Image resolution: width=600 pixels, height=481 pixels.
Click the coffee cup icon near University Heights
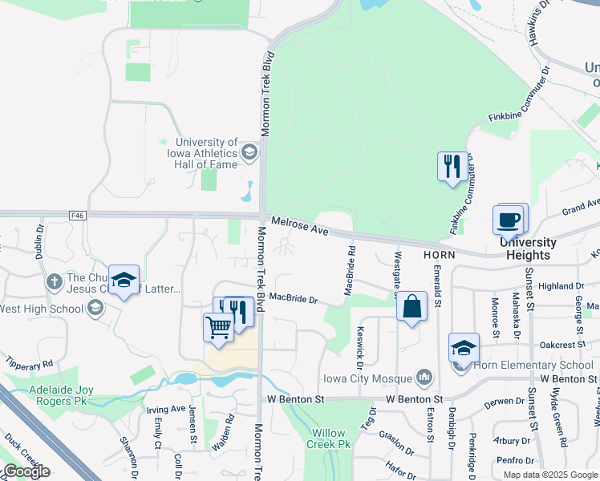510,219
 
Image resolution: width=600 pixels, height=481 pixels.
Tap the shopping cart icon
218,327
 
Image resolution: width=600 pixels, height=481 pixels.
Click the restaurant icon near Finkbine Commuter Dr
450,167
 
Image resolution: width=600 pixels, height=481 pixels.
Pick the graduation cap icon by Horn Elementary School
464,348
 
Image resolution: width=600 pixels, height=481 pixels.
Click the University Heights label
528,249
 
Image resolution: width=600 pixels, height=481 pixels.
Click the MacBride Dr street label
294,298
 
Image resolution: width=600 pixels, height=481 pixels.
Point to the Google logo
26,471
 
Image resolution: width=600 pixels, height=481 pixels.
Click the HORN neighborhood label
439,254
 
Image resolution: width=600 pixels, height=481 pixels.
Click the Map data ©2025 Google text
549,474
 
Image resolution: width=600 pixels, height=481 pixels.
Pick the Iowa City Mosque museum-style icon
424,378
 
